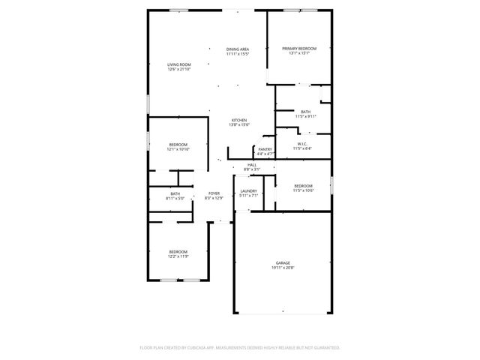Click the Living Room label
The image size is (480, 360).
(x=179, y=64)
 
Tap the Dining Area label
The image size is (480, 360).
(x=238, y=49)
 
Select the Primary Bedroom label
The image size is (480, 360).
(x=299, y=49)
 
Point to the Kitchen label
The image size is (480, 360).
(x=238, y=121)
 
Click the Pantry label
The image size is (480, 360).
(x=265, y=149)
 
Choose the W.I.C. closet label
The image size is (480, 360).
(x=303, y=144)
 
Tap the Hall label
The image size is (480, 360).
(x=252, y=165)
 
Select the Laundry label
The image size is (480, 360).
(x=248, y=191)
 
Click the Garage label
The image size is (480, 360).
(x=282, y=262)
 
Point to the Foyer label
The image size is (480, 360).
(x=214, y=193)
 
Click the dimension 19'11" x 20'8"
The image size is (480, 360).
(x=282, y=268)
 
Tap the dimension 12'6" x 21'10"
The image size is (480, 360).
(x=179, y=70)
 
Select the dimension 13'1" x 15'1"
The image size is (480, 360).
(x=299, y=54)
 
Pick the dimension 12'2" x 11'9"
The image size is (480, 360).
(x=178, y=256)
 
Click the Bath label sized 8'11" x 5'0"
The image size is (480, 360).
(x=175, y=194)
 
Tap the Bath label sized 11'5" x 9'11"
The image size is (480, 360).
(x=305, y=112)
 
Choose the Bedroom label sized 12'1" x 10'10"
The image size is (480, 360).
(x=178, y=144)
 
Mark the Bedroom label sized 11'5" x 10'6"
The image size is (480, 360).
(x=303, y=185)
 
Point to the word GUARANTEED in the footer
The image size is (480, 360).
(x=323, y=348)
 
